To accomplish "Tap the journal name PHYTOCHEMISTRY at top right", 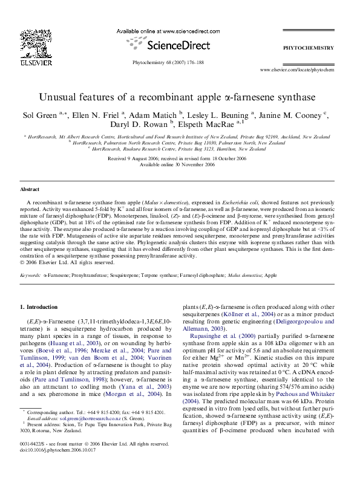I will coord(309,47).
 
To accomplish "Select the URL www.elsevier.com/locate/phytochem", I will coord(297,70).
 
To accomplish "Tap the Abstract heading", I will coord(30,189).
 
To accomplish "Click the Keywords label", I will coord(30,274).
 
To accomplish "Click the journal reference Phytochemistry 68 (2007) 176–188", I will coord(168,63).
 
